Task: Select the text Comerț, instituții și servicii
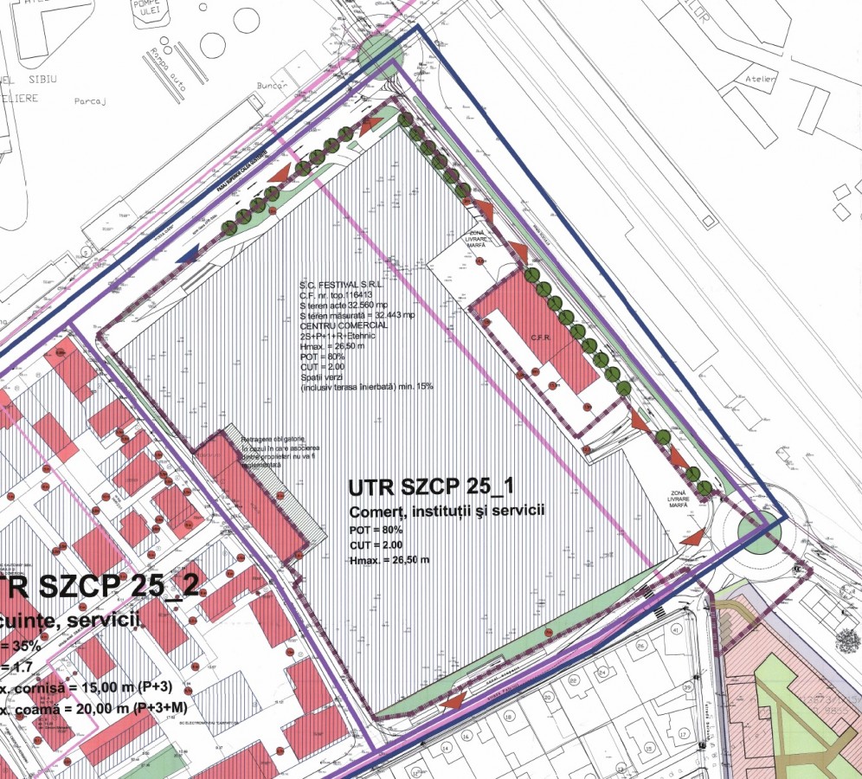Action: (x=446, y=511)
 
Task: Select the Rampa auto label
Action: (x=179, y=65)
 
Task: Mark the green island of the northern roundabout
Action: (x=380, y=51)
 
